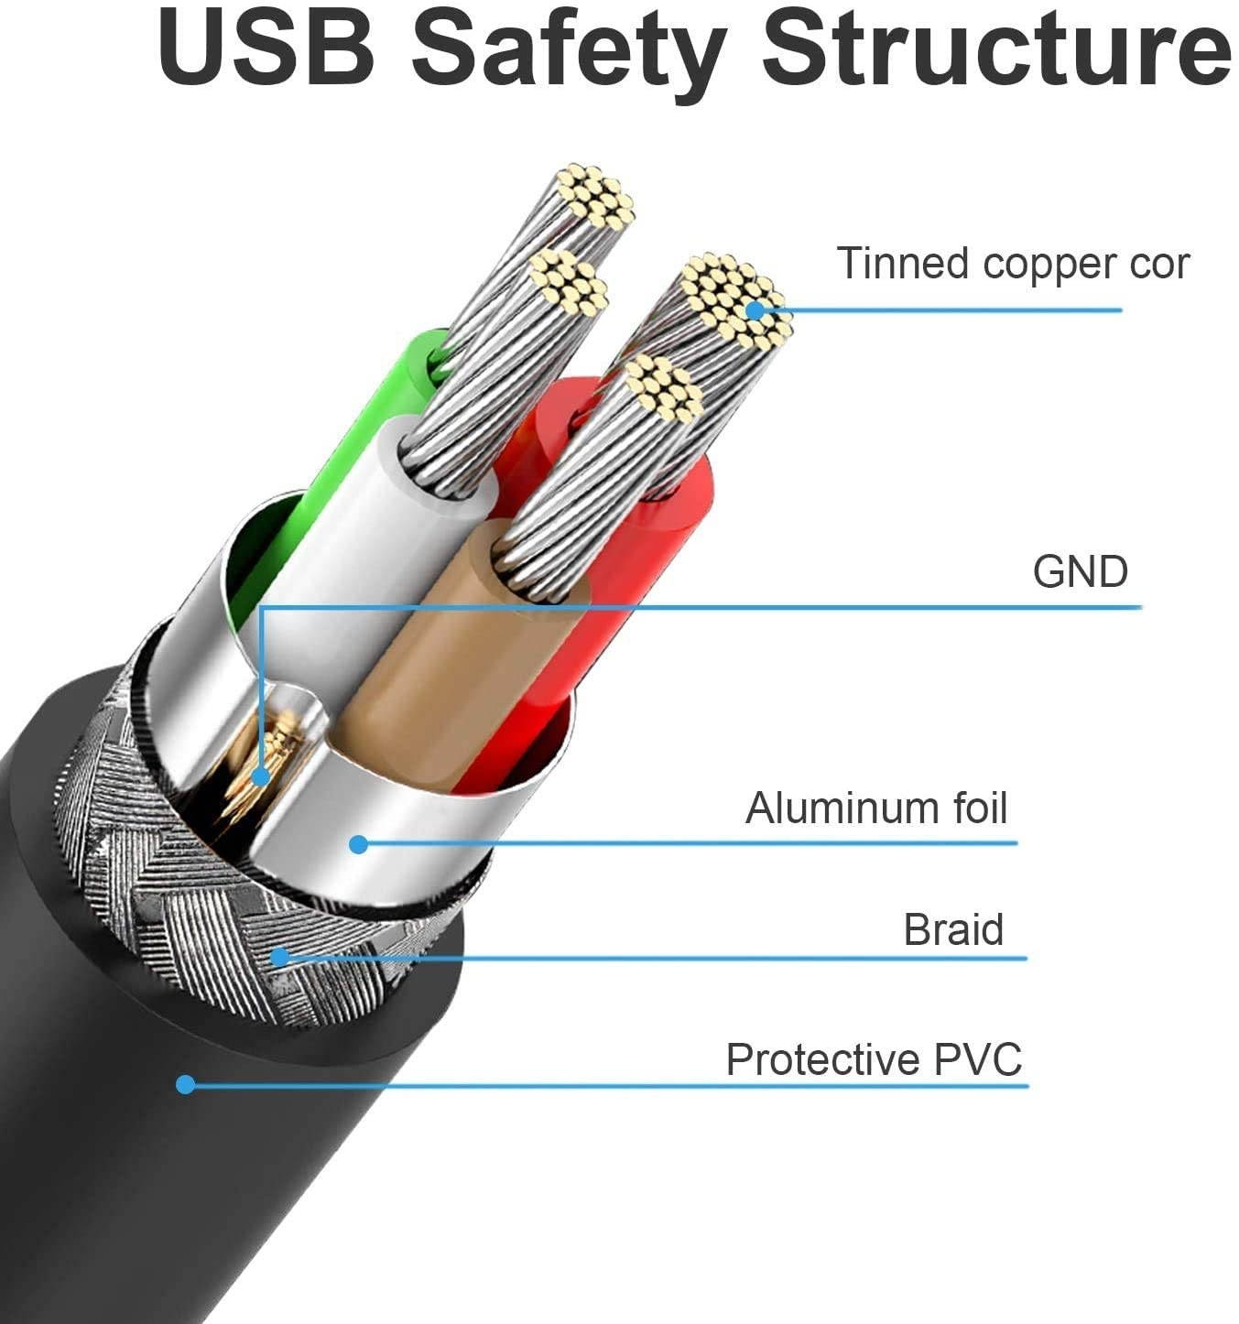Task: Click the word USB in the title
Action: pos(266,48)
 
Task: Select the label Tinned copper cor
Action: pos(1013,264)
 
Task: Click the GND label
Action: pos(1080,572)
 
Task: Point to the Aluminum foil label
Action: pos(876,809)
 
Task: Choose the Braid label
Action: pos(953,930)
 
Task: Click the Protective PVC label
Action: pos(874,1060)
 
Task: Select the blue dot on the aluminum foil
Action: pos(359,844)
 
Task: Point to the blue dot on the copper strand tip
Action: pos(755,310)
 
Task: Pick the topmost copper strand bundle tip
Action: pos(596,196)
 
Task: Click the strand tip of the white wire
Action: pos(569,281)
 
